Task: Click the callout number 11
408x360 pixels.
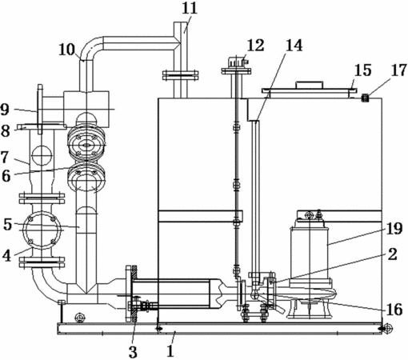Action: (x=190, y=8)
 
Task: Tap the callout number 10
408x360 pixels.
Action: (x=67, y=50)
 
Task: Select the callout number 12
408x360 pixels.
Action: (x=255, y=46)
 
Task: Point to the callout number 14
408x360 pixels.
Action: (x=294, y=46)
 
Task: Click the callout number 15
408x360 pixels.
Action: (x=362, y=70)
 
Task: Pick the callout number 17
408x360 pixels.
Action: (x=399, y=70)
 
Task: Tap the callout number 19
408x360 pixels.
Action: (x=394, y=229)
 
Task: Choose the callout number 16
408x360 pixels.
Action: (x=394, y=310)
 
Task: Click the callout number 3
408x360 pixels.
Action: (x=133, y=352)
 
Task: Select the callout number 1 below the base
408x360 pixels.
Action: (x=170, y=350)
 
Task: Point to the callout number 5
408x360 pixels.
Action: (x=8, y=225)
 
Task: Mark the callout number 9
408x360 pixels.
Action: (x=5, y=110)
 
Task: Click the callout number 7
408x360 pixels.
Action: (x=6, y=157)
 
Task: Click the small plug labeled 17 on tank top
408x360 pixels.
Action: (x=365, y=98)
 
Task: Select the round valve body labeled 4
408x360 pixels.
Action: (x=42, y=230)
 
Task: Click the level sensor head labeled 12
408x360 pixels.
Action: (x=237, y=62)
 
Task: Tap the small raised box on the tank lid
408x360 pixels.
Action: (x=309, y=85)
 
